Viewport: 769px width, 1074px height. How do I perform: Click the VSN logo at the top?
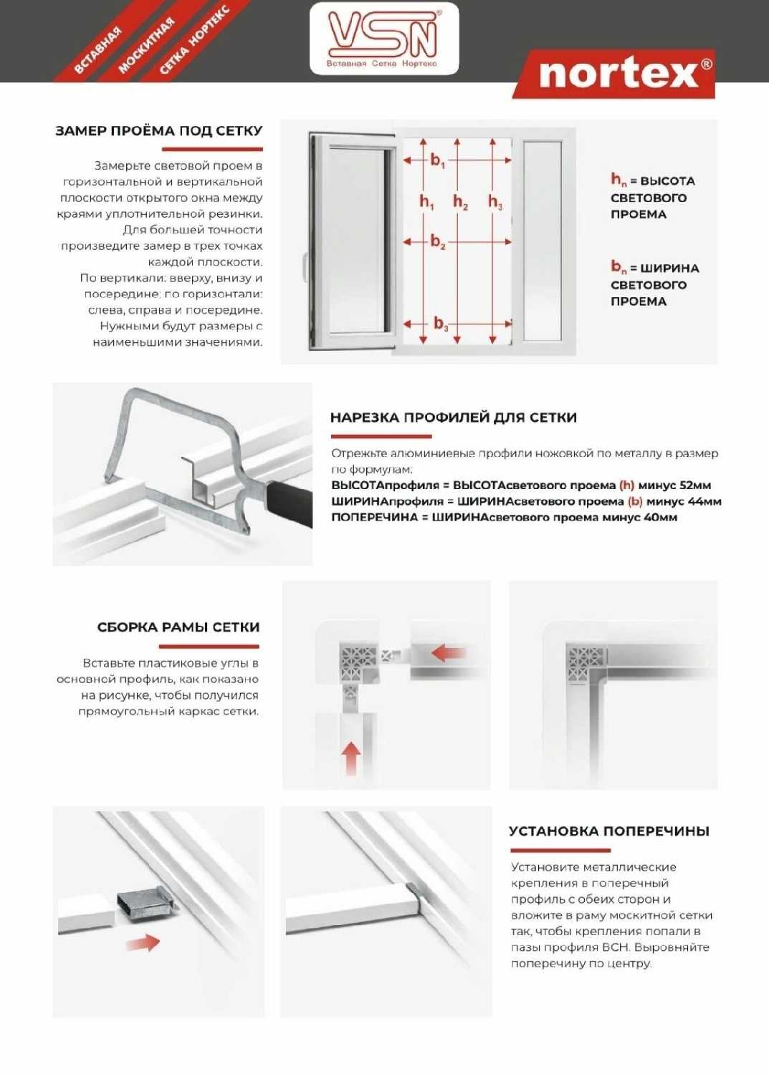[x=383, y=37]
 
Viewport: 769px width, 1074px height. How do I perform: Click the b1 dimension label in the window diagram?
[x=437, y=160]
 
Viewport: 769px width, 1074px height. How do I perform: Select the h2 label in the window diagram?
[x=460, y=202]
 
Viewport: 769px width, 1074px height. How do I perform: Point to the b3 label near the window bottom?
[x=441, y=324]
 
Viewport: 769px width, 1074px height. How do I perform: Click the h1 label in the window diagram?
[x=426, y=202]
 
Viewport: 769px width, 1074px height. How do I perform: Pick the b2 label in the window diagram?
[x=437, y=241]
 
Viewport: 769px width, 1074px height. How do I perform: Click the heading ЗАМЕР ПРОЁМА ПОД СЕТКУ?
[x=159, y=131]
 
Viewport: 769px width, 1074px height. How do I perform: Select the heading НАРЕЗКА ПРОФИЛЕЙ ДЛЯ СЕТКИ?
[x=453, y=417]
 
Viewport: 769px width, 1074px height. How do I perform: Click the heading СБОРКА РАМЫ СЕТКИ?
[x=178, y=627]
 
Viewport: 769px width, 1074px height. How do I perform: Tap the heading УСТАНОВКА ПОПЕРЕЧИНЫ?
[x=608, y=831]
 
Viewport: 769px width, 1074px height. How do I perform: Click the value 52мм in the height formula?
[x=695, y=485]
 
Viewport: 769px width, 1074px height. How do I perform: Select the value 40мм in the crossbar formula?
[x=660, y=517]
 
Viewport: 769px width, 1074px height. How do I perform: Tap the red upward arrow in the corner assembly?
[x=350, y=758]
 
